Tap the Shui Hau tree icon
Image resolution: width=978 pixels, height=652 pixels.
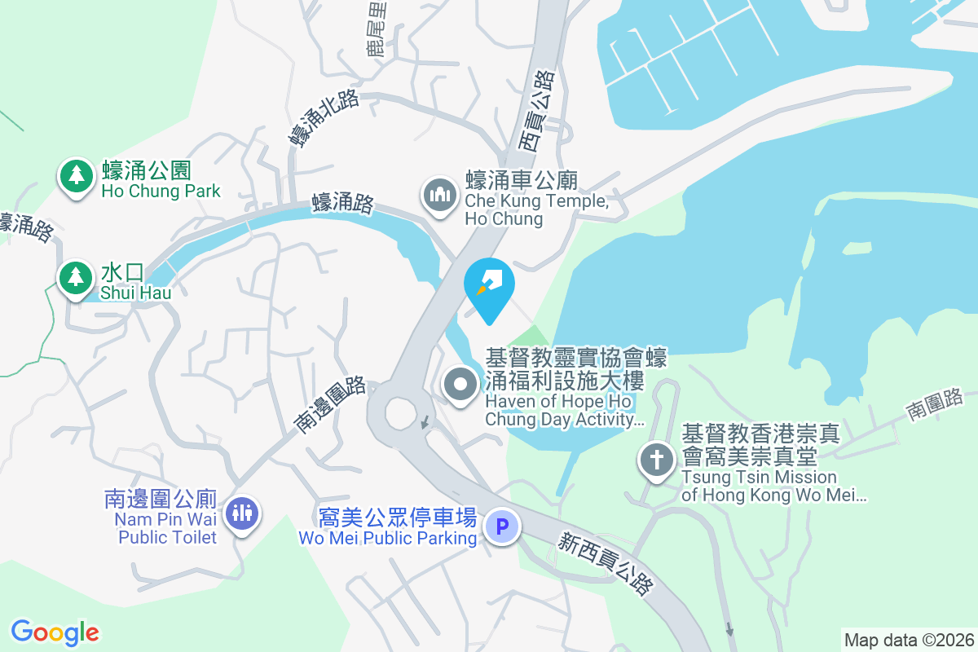pos(77,278)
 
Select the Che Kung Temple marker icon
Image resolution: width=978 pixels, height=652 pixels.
pos(439,196)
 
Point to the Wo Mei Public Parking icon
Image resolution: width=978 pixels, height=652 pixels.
pos(502,527)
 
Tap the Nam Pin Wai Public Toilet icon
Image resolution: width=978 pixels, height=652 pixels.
pos(242,513)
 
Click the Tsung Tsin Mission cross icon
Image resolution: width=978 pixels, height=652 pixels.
pos(656,460)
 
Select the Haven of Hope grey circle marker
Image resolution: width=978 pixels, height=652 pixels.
pos(460,384)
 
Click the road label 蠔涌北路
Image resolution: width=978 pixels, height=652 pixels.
pos(323,119)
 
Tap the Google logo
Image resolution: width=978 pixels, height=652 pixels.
pos(55,632)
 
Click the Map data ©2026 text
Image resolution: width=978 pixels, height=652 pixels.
pos(909,640)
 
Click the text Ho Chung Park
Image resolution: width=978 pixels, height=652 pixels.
pos(161,192)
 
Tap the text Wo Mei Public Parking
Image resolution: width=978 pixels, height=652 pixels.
pos(387,539)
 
